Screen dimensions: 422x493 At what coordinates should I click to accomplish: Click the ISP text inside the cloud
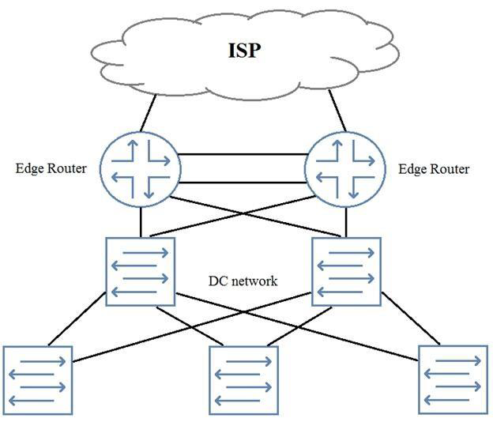[x=245, y=51]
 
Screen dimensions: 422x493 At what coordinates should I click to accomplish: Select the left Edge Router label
[x=51, y=169]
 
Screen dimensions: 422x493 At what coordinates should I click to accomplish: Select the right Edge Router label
[x=434, y=169]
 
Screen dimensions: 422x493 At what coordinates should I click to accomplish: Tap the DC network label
[x=243, y=281]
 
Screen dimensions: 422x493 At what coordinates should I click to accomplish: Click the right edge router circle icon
[x=344, y=168]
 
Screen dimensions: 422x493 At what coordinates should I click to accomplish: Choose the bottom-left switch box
[x=38, y=380]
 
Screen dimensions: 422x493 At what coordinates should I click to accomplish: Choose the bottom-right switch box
[x=453, y=380]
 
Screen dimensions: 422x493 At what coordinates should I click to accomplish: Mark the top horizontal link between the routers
[x=243, y=153]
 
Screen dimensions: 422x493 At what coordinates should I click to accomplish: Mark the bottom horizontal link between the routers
[x=243, y=183]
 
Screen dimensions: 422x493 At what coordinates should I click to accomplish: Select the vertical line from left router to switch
[x=141, y=222]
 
